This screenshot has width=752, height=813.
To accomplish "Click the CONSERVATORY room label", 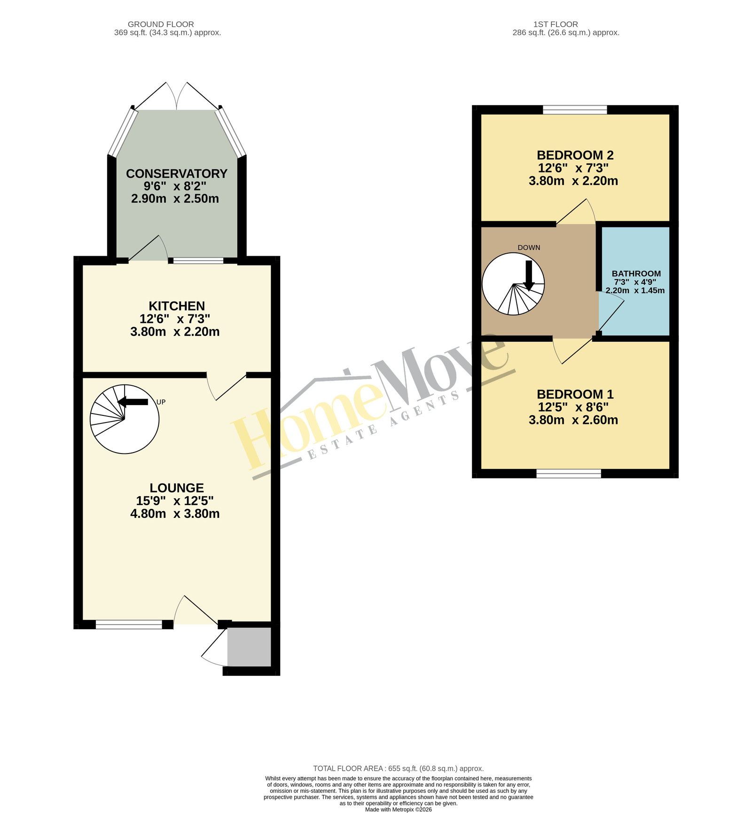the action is point(177,173).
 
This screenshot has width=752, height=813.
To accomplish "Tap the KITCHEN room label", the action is point(177,306).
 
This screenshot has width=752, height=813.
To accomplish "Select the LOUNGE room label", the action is point(177,488).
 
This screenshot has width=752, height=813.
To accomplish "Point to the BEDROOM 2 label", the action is point(575,155).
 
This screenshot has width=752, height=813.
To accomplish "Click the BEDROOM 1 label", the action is point(575,394).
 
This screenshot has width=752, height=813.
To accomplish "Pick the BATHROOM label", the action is point(636,274).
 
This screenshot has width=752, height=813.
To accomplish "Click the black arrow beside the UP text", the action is point(133,402).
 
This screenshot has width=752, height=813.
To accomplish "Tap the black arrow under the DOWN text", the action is point(529,275).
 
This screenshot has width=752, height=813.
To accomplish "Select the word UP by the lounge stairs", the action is point(161,402).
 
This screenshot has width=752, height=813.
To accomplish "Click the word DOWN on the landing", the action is point(529,248).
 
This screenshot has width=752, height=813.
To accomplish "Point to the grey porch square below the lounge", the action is point(249,646).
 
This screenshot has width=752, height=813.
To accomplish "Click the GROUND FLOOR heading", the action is point(161,24).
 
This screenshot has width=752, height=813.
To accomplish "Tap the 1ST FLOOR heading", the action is point(556,24).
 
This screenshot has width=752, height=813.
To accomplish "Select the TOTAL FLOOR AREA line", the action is point(399,768).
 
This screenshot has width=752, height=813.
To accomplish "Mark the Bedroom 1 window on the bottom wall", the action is point(569,474).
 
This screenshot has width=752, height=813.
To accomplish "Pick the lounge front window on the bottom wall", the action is point(129,625).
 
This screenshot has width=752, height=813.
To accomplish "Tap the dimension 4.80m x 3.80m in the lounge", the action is point(175,514).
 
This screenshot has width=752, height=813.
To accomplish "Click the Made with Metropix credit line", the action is point(399,809).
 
